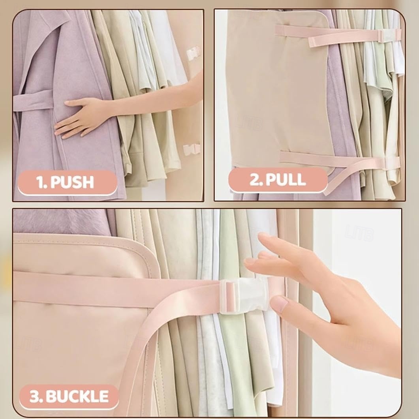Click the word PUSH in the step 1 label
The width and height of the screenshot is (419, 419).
72,182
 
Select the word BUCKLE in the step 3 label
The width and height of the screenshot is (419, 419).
77,396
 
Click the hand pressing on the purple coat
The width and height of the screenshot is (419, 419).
80,118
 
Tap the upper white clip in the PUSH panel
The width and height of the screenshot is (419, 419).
193,53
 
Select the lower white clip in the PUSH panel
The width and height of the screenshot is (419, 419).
192,148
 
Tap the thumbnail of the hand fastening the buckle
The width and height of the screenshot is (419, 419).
279,303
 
